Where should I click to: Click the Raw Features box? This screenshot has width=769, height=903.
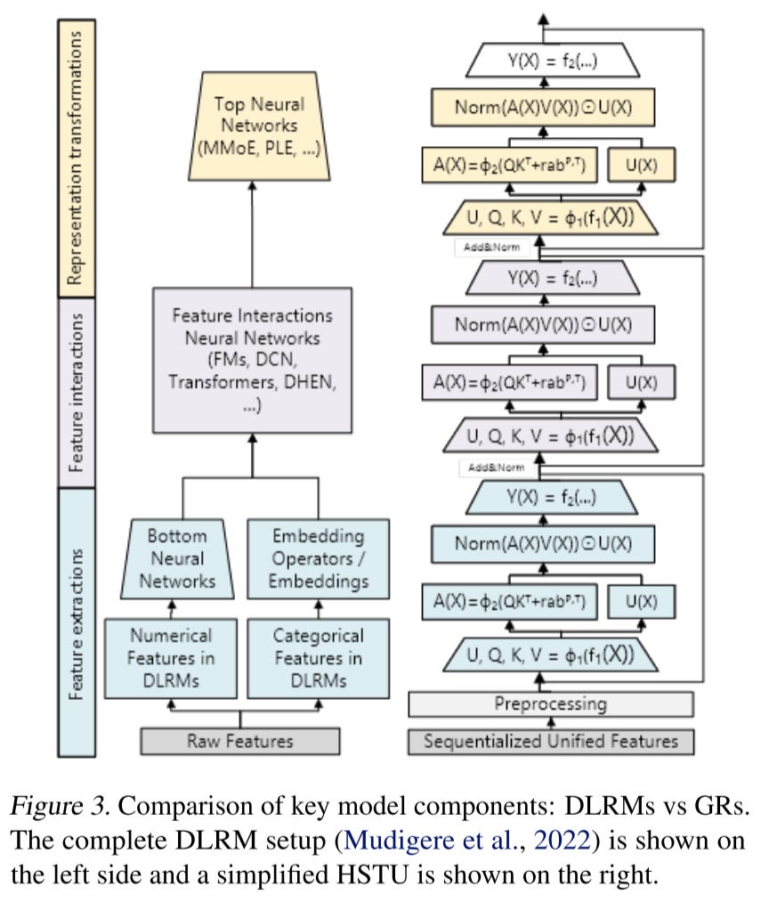239,741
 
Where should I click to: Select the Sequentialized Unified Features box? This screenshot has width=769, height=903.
550,741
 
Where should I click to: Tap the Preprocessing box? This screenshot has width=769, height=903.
550,704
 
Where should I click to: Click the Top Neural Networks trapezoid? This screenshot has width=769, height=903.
255,134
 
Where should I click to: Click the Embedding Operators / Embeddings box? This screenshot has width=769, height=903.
318,559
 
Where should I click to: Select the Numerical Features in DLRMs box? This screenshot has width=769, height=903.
171,659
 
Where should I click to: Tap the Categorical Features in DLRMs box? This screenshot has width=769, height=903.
318,659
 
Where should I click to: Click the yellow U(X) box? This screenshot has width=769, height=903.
640,164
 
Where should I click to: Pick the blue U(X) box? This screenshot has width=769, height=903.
640,601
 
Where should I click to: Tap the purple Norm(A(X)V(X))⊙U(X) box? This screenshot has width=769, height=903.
543,325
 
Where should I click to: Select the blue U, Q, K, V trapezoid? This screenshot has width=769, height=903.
550,655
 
